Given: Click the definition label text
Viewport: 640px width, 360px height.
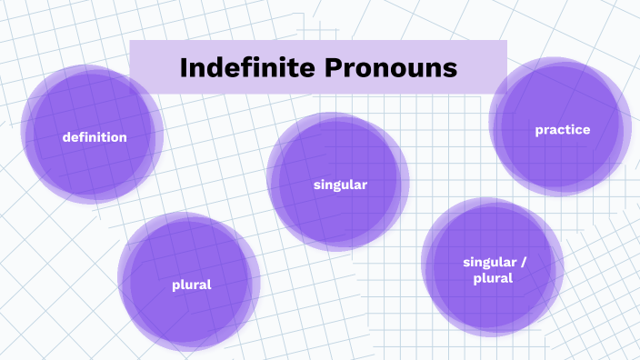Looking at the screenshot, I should click(x=95, y=137).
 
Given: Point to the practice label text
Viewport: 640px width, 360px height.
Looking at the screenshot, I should click(x=563, y=130).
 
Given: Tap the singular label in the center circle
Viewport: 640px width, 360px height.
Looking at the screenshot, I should click(x=340, y=185).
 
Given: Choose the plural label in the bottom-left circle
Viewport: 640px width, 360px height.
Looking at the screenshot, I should click(x=191, y=285).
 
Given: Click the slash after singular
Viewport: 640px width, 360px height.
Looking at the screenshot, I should click(x=523, y=263).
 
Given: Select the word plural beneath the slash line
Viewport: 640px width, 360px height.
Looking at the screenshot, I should click(x=493, y=278).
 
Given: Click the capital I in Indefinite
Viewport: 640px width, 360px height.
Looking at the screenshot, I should click(x=184, y=67).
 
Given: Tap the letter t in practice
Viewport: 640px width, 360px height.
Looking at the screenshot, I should click(x=567, y=130).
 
